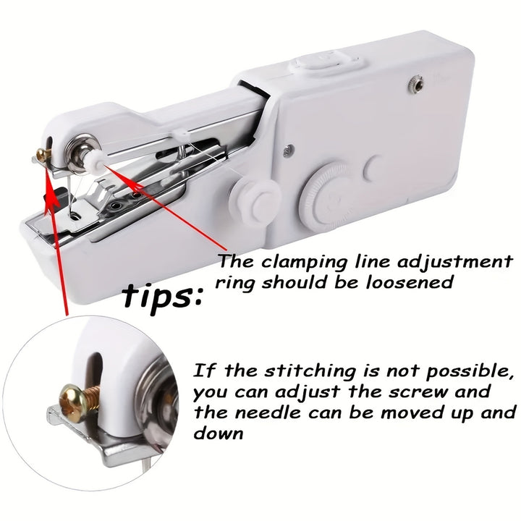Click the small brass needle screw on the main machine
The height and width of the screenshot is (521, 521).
pos(42,154)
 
